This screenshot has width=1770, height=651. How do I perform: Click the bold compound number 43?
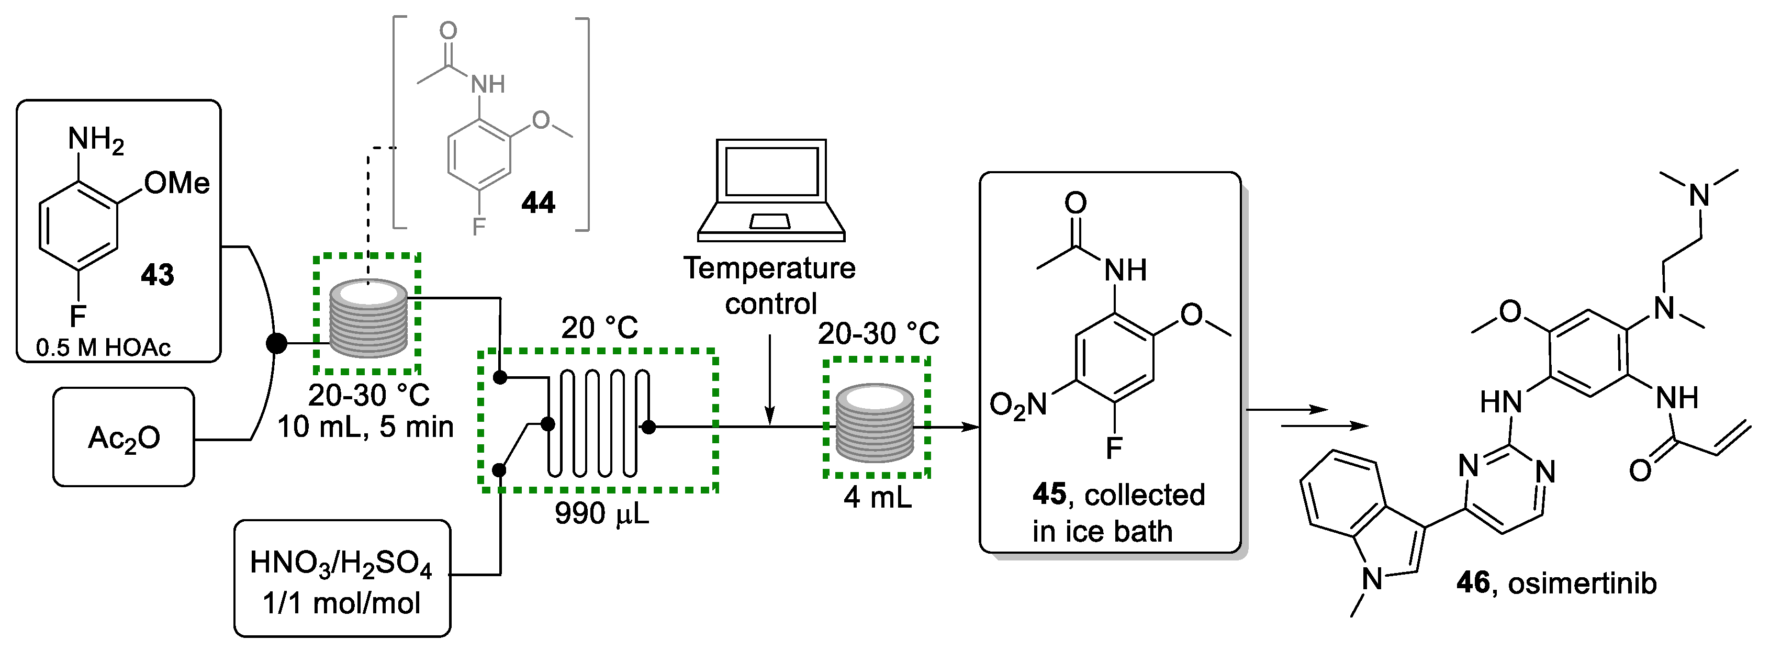[x=158, y=275]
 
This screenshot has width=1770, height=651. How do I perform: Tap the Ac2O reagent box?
[x=124, y=437]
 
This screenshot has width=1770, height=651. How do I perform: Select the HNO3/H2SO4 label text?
[x=341, y=563]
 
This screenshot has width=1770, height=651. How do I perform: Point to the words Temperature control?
[x=769, y=286]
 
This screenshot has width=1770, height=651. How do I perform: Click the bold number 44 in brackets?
[x=538, y=203]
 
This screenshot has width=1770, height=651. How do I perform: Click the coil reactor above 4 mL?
[x=875, y=423]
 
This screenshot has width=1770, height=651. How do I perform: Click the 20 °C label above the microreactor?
[x=599, y=328]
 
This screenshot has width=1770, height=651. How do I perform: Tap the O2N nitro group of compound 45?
[x=1017, y=405]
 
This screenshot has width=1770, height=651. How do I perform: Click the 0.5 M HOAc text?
[x=103, y=347]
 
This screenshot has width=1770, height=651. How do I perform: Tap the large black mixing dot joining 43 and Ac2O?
[x=276, y=343]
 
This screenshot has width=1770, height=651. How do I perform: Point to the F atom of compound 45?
[x=1114, y=448]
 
